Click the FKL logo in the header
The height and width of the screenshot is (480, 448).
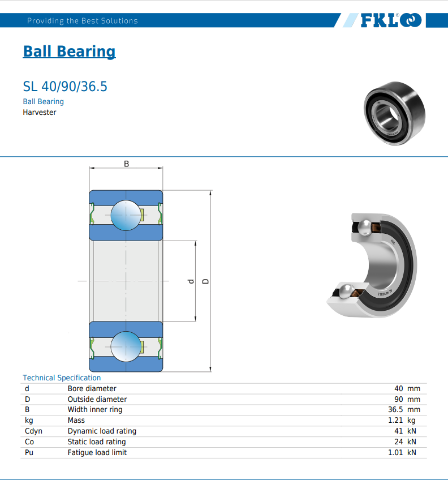pos(391,20)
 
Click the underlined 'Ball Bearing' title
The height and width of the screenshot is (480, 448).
pos(69,51)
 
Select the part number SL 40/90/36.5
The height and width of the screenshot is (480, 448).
pos(65,87)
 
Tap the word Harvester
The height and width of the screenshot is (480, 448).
pos(40,112)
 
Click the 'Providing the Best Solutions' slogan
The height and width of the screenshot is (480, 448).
pos(83,21)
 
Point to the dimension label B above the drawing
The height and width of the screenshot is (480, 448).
pos(126,164)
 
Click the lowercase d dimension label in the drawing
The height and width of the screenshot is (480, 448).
pos(191,281)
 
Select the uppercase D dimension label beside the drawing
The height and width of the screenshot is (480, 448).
pos(206,281)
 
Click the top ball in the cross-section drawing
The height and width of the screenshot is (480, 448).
pos(126,215)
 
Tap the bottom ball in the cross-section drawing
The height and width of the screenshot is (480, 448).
pos(126,346)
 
